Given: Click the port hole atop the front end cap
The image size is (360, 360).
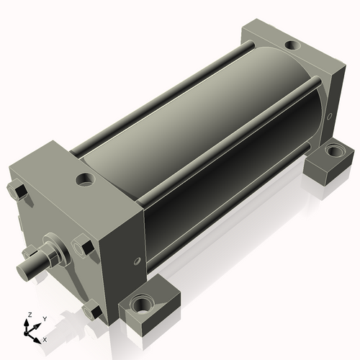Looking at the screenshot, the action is (85, 179).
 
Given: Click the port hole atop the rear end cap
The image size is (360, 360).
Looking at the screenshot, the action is (292, 45).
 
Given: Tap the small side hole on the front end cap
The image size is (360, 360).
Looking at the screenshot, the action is (137, 261).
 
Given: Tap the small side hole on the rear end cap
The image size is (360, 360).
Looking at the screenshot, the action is (330, 117).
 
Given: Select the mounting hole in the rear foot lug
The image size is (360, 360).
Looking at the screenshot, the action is (335, 151).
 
